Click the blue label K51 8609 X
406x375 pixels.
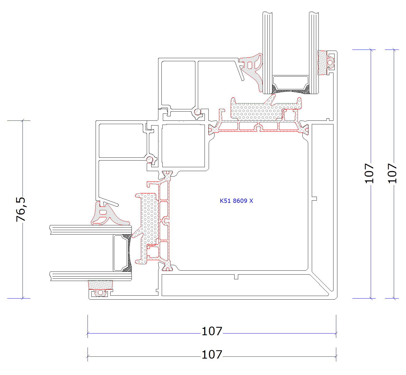click(x=236, y=201)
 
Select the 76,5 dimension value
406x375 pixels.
click(x=21, y=209)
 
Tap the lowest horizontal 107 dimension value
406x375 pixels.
click(x=211, y=354)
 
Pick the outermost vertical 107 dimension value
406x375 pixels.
click(x=392, y=173)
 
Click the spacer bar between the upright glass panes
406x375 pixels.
click(x=290, y=83)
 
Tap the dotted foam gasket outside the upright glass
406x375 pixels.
click(x=322, y=63)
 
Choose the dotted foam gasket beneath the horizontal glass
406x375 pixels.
click(x=100, y=285)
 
